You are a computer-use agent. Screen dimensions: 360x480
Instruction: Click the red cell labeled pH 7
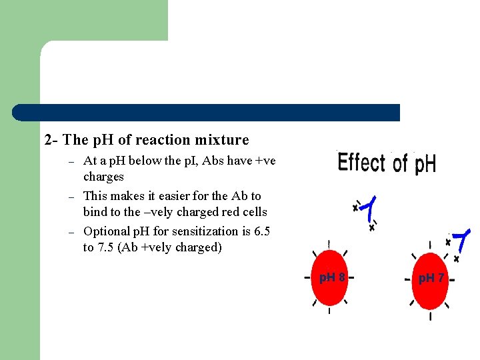point(430,280)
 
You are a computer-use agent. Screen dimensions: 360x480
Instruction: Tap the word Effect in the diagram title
point(361,163)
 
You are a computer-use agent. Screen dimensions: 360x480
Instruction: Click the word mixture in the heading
point(222,140)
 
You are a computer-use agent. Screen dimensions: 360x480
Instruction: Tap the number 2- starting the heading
point(51,140)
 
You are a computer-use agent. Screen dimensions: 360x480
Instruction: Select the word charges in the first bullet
point(103,177)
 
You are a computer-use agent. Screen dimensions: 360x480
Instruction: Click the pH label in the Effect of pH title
point(425,164)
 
